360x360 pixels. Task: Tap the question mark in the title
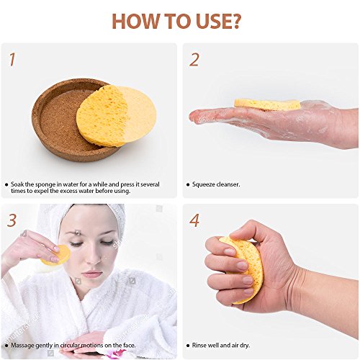coord(234,22)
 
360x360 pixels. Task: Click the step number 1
coord(12,60)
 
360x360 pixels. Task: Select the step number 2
coord(194,60)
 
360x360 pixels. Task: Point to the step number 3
coord(12,220)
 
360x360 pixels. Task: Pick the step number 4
coord(194,220)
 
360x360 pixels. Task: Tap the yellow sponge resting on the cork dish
coord(117,116)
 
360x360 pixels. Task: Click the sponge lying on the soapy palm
coord(267,104)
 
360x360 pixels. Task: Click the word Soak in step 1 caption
coord(17,184)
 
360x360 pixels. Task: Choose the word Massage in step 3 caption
coord(22,346)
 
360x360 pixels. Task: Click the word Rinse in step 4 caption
coord(199,345)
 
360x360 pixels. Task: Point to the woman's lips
coord(91,274)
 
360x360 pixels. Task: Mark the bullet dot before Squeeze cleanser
coord(188,184)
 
